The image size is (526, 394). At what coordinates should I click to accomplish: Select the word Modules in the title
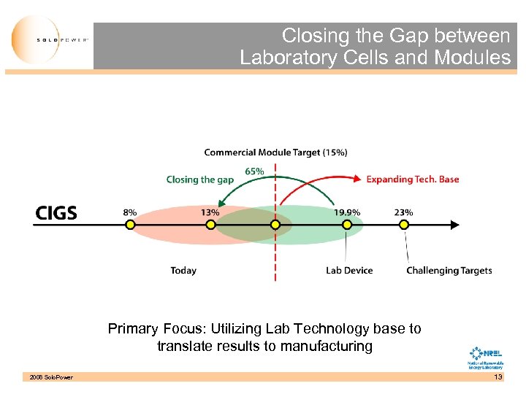472,58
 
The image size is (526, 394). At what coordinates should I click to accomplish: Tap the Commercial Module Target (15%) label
275,152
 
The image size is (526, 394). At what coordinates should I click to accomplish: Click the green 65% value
254,171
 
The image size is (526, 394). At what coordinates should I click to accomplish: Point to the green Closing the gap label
199,179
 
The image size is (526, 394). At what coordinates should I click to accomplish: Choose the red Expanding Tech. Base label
412,179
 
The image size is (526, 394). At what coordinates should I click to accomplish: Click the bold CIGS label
56,213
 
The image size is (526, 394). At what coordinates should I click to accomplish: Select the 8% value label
129,212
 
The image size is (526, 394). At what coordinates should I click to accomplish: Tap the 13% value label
210,212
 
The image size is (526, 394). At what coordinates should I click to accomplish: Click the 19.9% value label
347,212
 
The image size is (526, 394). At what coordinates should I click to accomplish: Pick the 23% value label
403,212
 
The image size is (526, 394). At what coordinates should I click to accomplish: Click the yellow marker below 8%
129,225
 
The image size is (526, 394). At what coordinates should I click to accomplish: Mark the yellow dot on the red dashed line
275,225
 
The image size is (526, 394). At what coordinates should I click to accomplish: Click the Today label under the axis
183,271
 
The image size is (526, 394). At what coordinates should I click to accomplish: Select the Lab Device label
349,271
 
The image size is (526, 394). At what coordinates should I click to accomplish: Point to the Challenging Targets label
449,271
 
